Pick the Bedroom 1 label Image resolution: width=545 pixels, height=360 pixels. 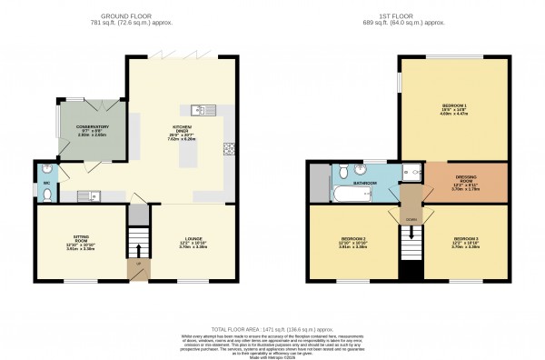(453, 106)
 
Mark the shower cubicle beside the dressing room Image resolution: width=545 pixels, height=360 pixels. (414, 172)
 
